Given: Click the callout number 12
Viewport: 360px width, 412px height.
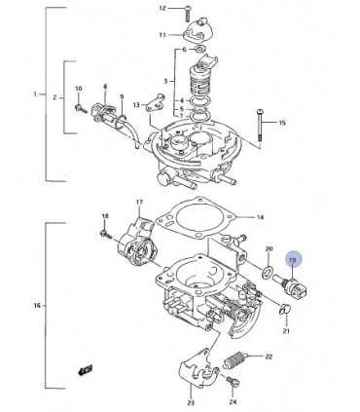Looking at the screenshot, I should click(x=162, y=8).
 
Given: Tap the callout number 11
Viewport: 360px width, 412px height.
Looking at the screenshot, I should click(x=163, y=35).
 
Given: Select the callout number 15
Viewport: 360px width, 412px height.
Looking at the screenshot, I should click(x=282, y=123).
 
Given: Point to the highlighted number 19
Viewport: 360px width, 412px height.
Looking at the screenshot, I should click(x=290, y=258).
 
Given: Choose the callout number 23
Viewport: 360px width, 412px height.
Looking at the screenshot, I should click(x=191, y=402).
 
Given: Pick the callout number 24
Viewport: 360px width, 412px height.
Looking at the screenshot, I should click(x=232, y=400).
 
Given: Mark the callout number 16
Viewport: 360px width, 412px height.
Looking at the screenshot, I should click(x=35, y=306).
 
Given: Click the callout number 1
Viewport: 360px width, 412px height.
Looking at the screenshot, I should click(x=35, y=94).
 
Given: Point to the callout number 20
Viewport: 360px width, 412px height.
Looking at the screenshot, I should click(x=270, y=249).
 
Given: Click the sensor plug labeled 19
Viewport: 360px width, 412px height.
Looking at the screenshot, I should click(x=290, y=282).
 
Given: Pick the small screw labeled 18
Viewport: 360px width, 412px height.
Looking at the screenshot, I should click(x=101, y=233).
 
